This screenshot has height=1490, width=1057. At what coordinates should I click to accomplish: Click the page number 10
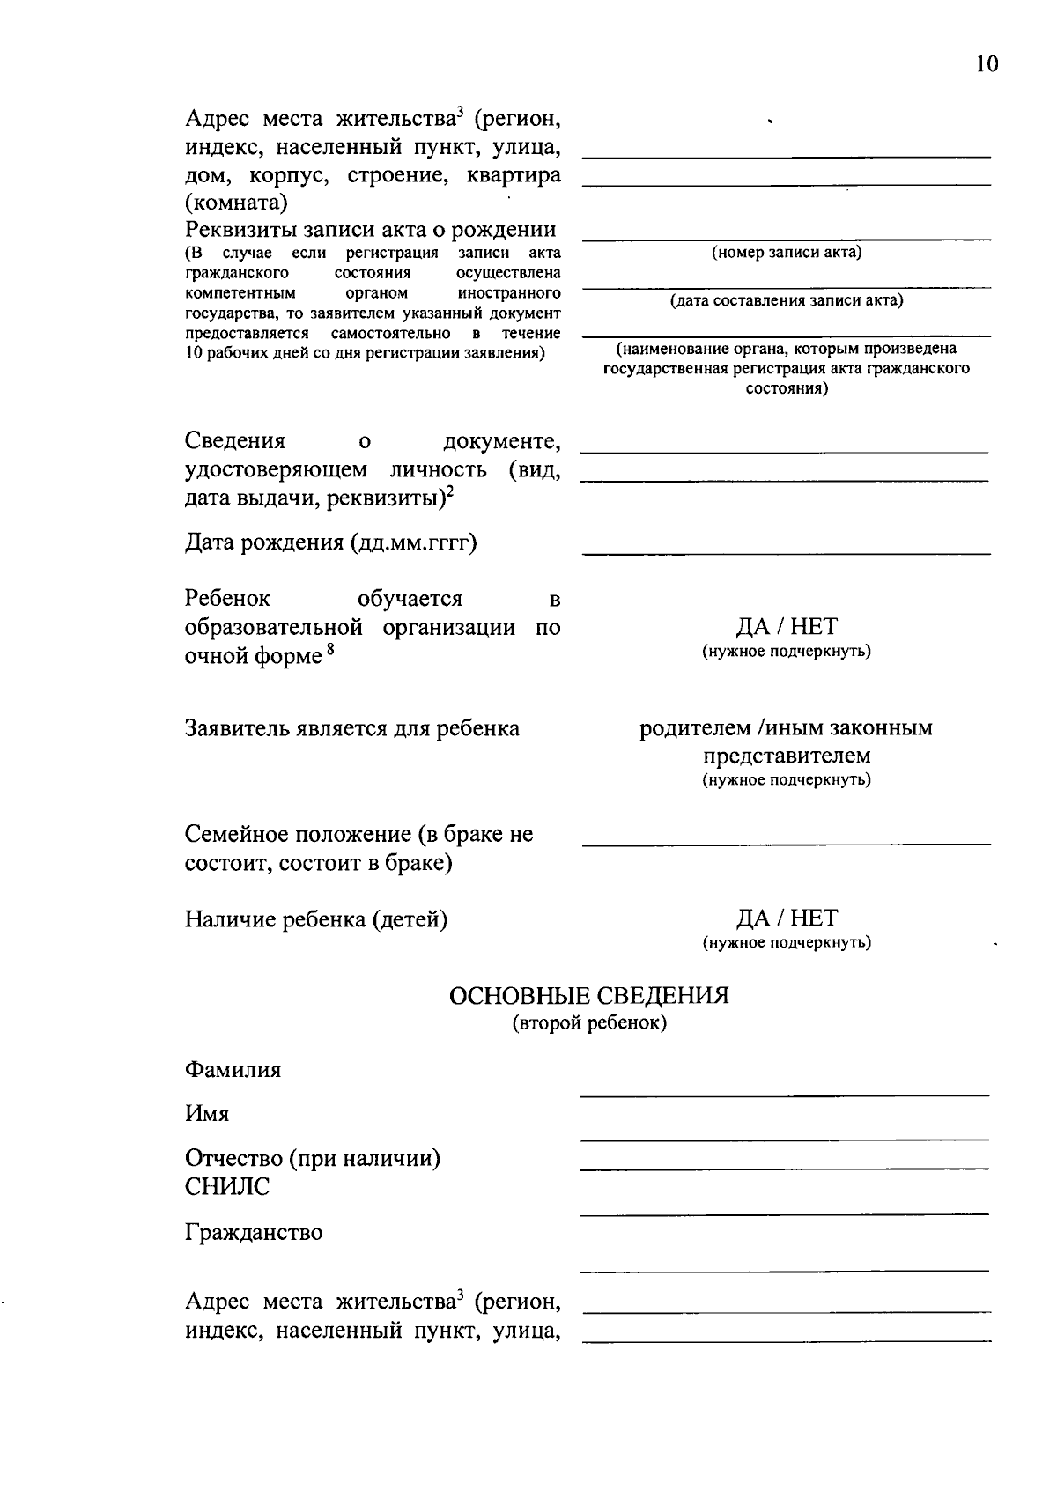(987, 64)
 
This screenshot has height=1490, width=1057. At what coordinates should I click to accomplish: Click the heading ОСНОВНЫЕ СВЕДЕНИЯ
(588, 996)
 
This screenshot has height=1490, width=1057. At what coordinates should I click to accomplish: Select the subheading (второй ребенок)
(588, 1023)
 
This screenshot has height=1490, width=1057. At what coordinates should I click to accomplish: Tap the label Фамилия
(233, 1070)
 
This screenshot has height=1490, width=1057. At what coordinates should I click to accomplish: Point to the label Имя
(207, 1114)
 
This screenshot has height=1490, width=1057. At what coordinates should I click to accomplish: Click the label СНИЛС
(227, 1187)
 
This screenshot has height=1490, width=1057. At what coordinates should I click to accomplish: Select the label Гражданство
(254, 1232)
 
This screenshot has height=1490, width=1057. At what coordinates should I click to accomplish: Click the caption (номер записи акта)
(786, 253)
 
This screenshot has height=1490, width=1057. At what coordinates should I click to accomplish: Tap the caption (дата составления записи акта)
(786, 301)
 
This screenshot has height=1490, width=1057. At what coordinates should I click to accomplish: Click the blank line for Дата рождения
(786, 552)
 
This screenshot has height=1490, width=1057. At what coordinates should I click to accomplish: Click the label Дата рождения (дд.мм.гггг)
(330, 542)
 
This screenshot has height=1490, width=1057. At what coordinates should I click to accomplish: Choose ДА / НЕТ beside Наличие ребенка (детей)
(787, 918)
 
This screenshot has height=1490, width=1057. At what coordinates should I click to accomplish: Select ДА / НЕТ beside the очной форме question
(787, 627)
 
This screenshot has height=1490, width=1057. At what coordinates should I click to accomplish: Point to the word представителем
(787, 756)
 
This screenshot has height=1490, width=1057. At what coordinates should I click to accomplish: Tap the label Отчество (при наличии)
(313, 1158)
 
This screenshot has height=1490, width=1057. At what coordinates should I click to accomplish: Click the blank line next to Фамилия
(784, 1094)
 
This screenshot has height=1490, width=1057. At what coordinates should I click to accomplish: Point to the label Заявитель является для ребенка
(352, 729)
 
